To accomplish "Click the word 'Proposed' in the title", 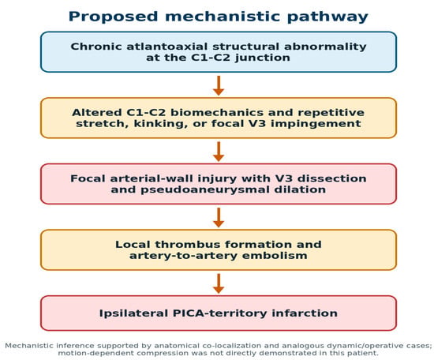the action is [x=113, y=17].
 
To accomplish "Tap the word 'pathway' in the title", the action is [x=327, y=17].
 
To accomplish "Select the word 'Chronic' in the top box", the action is [x=96, y=47].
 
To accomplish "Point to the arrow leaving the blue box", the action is [x=219, y=85].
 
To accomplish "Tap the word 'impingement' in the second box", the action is [x=316, y=123].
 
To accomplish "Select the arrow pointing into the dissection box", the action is [x=219, y=152].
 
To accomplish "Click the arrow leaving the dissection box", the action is [x=219, y=217].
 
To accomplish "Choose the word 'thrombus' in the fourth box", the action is [x=187, y=245].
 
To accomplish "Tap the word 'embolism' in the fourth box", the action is [x=275, y=255].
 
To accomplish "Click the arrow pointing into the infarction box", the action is [x=219, y=283].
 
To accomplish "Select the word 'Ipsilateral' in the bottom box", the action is [x=133, y=313].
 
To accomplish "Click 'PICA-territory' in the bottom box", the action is [x=220, y=313].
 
